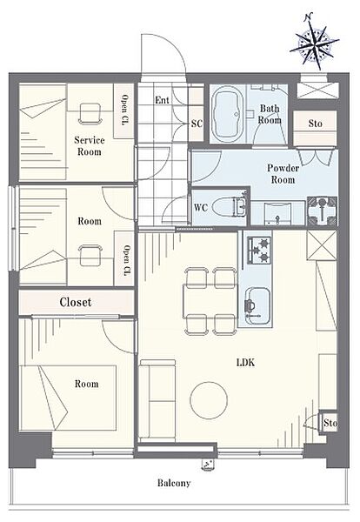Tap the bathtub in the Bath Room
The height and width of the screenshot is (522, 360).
click(x=228, y=114)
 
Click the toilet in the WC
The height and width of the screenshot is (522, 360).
click(x=230, y=207)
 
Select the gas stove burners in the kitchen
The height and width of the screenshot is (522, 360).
click(x=258, y=250)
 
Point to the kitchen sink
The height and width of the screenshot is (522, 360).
click(x=257, y=306)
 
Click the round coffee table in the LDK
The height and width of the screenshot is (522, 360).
click(x=209, y=399)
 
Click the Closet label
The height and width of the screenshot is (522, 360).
click(x=75, y=302)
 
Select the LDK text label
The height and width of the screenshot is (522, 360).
click(x=246, y=362)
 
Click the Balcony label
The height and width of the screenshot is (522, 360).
click(x=174, y=483)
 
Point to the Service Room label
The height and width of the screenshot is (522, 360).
click(x=90, y=146)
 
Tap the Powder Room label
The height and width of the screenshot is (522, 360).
click(x=283, y=174)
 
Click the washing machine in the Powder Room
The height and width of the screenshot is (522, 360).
click(x=322, y=211)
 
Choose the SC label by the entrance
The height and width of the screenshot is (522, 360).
click(x=197, y=124)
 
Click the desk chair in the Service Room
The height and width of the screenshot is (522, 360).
click(x=90, y=114)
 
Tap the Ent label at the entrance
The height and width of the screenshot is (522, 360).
click(x=162, y=100)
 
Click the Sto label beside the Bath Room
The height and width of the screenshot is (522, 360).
click(x=315, y=124)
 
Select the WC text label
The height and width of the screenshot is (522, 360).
click(x=201, y=208)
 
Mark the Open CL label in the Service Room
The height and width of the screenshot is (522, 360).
click(x=124, y=110)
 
